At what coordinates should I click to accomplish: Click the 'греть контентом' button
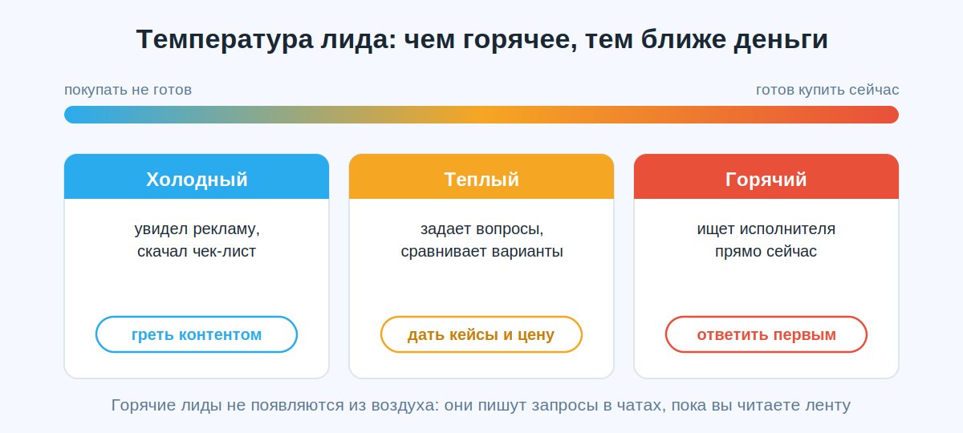point(197,334)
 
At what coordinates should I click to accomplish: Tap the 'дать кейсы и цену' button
point(481,334)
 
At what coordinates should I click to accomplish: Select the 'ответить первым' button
point(766,334)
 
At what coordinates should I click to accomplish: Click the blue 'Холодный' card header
point(197,176)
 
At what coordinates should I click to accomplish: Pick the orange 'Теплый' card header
point(481,176)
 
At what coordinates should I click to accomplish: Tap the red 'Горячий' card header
point(766,176)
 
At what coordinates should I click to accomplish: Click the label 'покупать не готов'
point(128,90)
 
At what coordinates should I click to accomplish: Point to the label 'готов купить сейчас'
point(827,90)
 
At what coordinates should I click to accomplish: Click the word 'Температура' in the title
point(225,39)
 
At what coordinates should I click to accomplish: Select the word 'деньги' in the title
point(781,39)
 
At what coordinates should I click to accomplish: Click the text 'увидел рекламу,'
point(197,229)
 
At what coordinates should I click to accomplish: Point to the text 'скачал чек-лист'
point(197,251)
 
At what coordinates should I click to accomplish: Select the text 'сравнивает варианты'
point(482,251)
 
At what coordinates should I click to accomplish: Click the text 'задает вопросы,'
point(482,229)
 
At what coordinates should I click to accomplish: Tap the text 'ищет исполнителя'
point(766,229)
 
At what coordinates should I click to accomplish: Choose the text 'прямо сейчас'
point(766,251)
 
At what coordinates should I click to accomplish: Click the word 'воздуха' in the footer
point(405,406)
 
